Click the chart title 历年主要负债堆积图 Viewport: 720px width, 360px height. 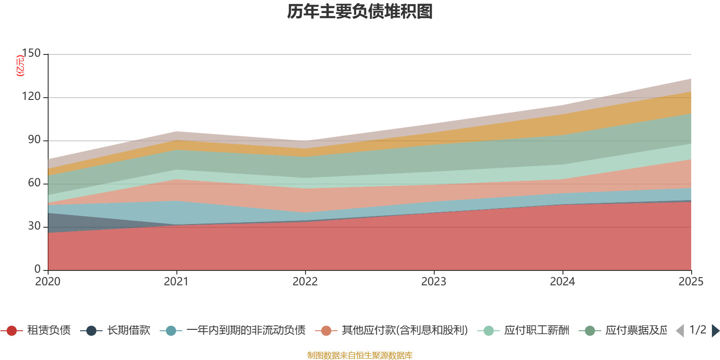(x=360, y=12)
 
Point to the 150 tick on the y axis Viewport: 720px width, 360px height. (x=31, y=53)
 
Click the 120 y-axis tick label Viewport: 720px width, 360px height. (x=31, y=96)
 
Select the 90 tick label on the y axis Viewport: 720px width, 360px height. (x=34, y=139)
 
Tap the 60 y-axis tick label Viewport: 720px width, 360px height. (x=34, y=183)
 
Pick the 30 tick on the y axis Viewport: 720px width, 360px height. (x=34, y=226)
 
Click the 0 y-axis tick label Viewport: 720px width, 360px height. (x=37, y=269)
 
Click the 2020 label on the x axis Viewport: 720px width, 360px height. (x=48, y=282)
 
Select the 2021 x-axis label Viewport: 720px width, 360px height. (x=176, y=282)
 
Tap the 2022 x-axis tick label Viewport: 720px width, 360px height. (x=305, y=282)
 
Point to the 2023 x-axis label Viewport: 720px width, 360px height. (x=434, y=282)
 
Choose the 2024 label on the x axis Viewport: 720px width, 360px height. (x=562, y=282)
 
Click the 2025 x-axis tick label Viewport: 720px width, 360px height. (x=691, y=282)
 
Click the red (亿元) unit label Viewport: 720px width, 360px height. (x=20, y=66)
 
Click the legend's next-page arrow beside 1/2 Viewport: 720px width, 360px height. (x=715, y=331)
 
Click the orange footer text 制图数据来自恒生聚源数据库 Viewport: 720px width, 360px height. (x=360, y=355)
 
